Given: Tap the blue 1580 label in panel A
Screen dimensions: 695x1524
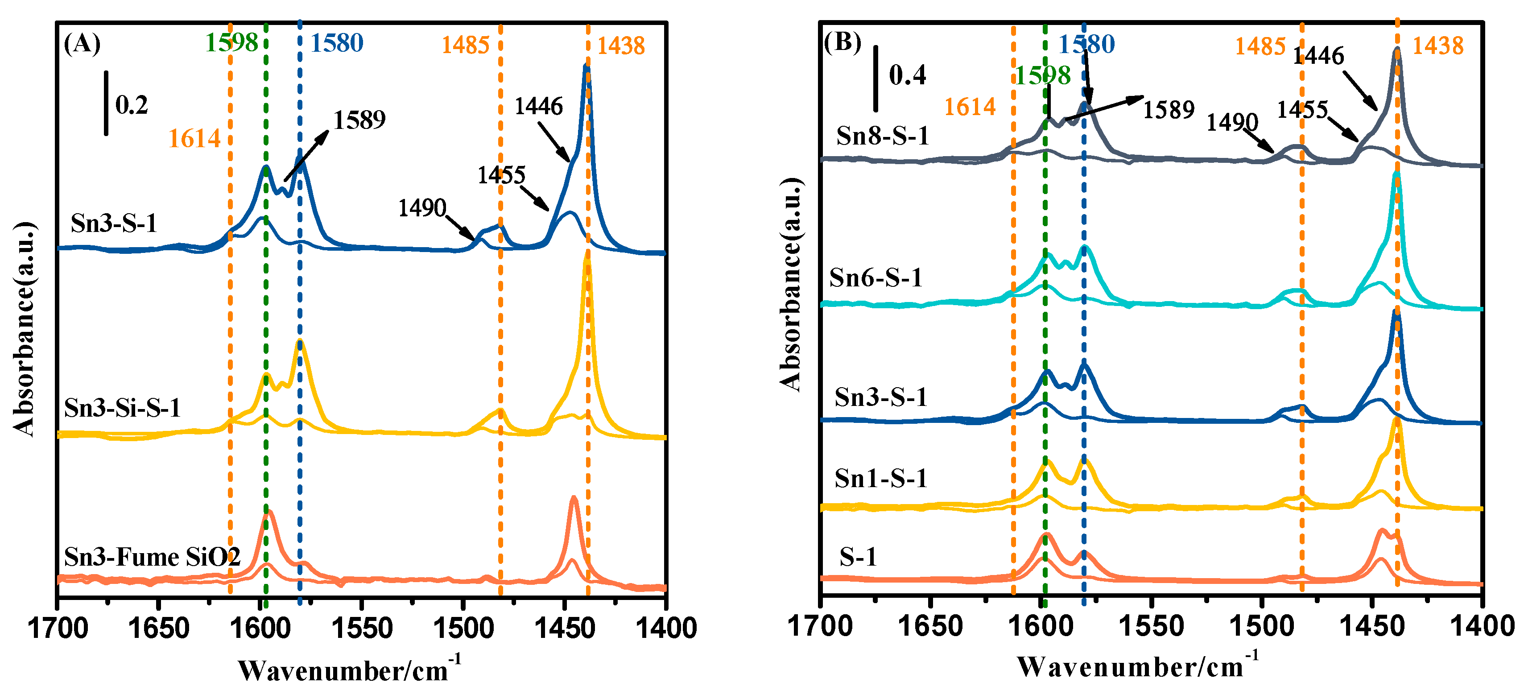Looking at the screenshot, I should click(x=337, y=43).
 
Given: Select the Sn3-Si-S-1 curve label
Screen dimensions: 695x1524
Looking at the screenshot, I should click(x=122, y=408).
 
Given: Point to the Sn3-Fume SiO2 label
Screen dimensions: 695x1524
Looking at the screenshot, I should click(x=152, y=557).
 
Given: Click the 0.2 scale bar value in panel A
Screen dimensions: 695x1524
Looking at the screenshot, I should click(x=131, y=105).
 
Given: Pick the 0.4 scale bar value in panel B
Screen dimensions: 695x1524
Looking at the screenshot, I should click(x=907, y=75).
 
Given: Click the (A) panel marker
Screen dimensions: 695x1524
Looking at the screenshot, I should click(x=82, y=43).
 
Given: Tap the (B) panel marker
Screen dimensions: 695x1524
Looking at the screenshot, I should click(x=843, y=41).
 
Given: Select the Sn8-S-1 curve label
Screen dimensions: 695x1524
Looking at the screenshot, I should click(x=882, y=136).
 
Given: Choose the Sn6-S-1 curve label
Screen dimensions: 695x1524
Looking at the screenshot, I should click(x=876, y=277).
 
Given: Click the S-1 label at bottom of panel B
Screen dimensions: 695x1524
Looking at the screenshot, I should click(x=857, y=557).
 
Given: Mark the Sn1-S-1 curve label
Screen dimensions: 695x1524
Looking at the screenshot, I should click(x=880, y=478).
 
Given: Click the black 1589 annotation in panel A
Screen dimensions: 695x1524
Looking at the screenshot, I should click(x=359, y=120).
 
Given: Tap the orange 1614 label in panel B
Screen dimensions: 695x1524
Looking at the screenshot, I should click(x=970, y=107).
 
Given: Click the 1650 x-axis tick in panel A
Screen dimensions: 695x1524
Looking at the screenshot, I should click(x=158, y=628).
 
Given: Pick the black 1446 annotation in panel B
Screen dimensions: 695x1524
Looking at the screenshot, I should click(x=1318, y=56).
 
